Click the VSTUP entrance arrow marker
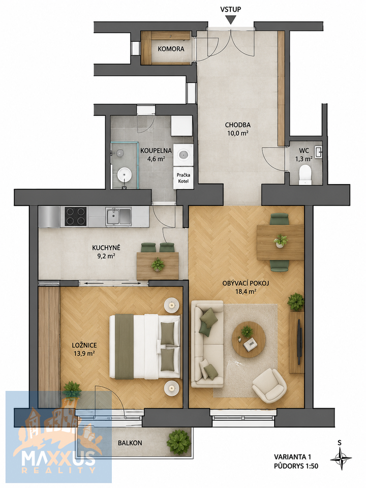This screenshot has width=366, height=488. pyautogui.click(x=230, y=20)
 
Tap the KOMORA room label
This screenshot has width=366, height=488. pyautogui.click(x=171, y=49)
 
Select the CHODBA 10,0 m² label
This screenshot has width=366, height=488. pyautogui.click(x=237, y=129)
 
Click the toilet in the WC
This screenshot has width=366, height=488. pyautogui.click(x=305, y=174)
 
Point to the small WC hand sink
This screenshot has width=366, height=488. pyautogui.click(x=318, y=152)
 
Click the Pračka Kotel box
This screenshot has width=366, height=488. pyautogui.click(x=183, y=178)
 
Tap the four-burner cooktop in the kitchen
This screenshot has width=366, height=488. pyautogui.click(x=75, y=217)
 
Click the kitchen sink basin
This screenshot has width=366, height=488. pyautogui.click(x=118, y=216)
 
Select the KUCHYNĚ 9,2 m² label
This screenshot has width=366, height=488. pyautogui.click(x=106, y=252)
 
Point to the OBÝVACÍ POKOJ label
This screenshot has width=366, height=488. pyautogui.click(x=246, y=283)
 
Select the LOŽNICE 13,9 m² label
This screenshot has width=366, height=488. pyautogui.click(x=84, y=349)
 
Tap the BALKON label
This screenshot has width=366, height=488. pyautogui.click(x=130, y=443)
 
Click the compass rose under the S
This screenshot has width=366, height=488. pyautogui.click(x=341, y=458)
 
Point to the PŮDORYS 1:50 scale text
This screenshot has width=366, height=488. pyautogui.click(x=296, y=466)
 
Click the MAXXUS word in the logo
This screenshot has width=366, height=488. pyautogui.click(x=58, y=458)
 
